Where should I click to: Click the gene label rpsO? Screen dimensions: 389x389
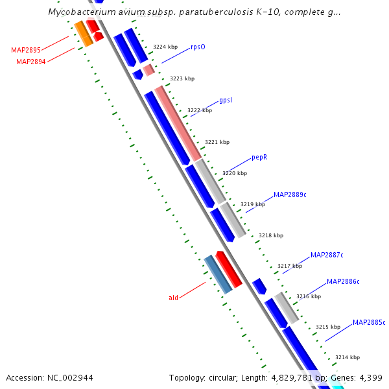[x=198, y=47]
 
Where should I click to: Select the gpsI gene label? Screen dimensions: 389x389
[x=226, y=100]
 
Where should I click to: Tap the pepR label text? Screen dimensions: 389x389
[x=259, y=158]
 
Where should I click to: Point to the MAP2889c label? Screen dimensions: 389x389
[x=290, y=194]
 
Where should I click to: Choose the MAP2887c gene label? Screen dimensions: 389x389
[x=327, y=255]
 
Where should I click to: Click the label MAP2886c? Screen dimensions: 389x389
[x=343, y=281]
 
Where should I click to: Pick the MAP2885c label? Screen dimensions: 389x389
[x=369, y=322]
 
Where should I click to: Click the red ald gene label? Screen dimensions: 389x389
[x=173, y=298]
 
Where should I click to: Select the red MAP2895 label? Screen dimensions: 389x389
[x=26, y=50]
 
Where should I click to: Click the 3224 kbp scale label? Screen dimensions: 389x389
[x=165, y=47]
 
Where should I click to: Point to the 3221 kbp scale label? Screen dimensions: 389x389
[x=217, y=142]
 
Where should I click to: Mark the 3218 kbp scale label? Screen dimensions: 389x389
[x=270, y=236]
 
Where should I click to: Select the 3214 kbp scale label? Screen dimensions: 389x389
[x=348, y=357]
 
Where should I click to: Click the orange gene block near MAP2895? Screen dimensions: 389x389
[x=83, y=33]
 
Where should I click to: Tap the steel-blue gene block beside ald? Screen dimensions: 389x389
[x=218, y=274]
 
